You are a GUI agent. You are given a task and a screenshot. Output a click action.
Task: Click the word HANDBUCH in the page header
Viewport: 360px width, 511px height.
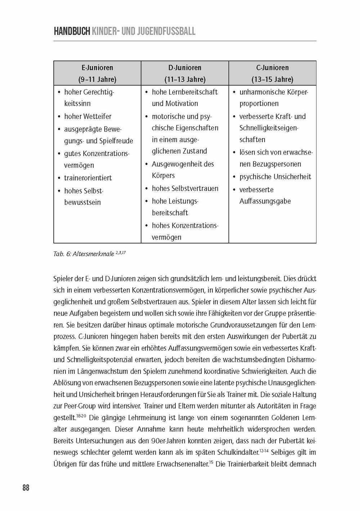pyautogui.click(x=71, y=31)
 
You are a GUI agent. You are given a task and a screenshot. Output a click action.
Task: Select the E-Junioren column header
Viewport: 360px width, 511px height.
pyautogui.click(x=97, y=67)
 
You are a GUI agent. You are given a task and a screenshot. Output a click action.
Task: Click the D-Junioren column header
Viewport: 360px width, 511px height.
pyautogui.click(x=185, y=67)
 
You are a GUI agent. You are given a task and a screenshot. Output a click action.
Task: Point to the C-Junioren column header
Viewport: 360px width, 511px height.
pyautogui.click(x=272, y=67)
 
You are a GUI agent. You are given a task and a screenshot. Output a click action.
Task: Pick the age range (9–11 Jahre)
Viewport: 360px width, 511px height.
pyautogui.click(x=97, y=79)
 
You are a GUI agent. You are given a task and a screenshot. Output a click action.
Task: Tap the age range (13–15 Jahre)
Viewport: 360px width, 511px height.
pyautogui.click(x=272, y=79)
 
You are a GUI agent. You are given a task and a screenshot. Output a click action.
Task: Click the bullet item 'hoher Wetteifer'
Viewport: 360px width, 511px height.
pyautogui.click(x=87, y=116)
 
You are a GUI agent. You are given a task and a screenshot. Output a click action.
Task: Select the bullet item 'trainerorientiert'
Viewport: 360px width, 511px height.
pyautogui.click(x=88, y=178)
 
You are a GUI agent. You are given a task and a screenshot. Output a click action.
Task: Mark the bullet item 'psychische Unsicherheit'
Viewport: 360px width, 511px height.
pyautogui.click(x=275, y=177)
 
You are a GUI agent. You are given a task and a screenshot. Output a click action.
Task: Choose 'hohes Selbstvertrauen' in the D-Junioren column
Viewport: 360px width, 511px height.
pyautogui.click(x=185, y=188)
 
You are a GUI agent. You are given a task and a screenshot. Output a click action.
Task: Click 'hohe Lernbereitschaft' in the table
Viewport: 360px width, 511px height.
pyautogui.click(x=185, y=92)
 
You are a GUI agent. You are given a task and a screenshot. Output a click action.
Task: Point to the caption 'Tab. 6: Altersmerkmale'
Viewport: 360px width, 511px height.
pyautogui.click(x=84, y=254)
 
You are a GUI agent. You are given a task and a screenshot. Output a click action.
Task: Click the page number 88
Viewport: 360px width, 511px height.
pyautogui.click(x=26, y=488)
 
